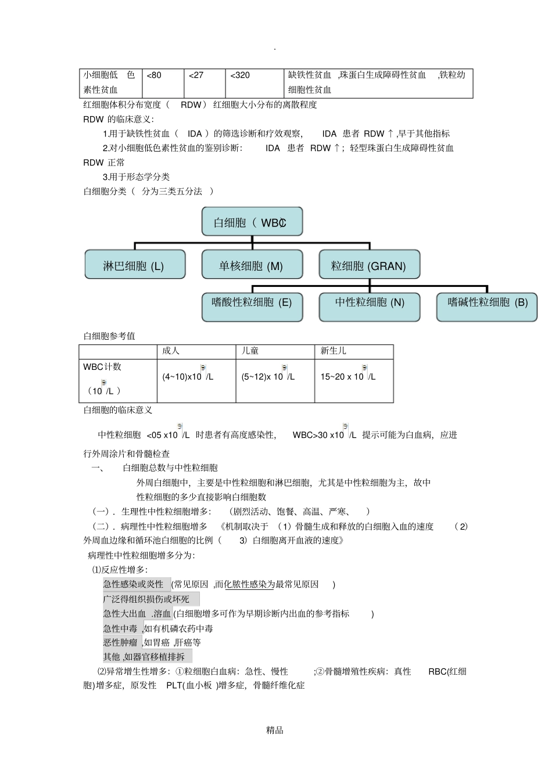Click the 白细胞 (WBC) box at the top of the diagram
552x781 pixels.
(x=252, y=222)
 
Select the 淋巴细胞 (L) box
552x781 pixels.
(x=135, y=265)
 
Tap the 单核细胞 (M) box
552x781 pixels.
(x=252, y=265)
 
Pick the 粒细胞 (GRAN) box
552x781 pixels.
(x=369, y=265)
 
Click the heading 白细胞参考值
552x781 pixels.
(x=109, y=336)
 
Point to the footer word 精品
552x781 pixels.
(x=275, y=730)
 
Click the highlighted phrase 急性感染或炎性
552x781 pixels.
(x=134, y=584)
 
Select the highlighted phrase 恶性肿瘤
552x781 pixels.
(x=121, y=642)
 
